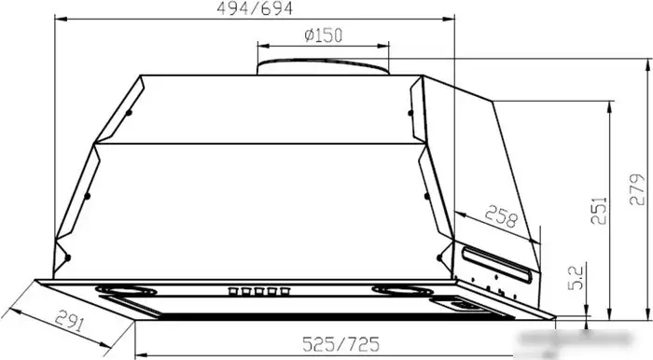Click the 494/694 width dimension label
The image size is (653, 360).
coord(255,8)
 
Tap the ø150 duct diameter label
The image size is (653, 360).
coord(323,35)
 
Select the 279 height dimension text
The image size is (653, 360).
coord(637,189)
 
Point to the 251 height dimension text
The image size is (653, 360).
coord(599,211)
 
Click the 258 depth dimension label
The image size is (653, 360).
coord(501,216)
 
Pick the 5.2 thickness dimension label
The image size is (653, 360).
coord(576,278)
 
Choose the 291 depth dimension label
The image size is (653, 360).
coord(70,321)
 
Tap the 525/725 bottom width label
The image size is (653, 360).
coord(341,344)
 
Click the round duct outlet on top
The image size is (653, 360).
coord(323,66)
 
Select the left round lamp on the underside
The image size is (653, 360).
coord(126,290)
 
